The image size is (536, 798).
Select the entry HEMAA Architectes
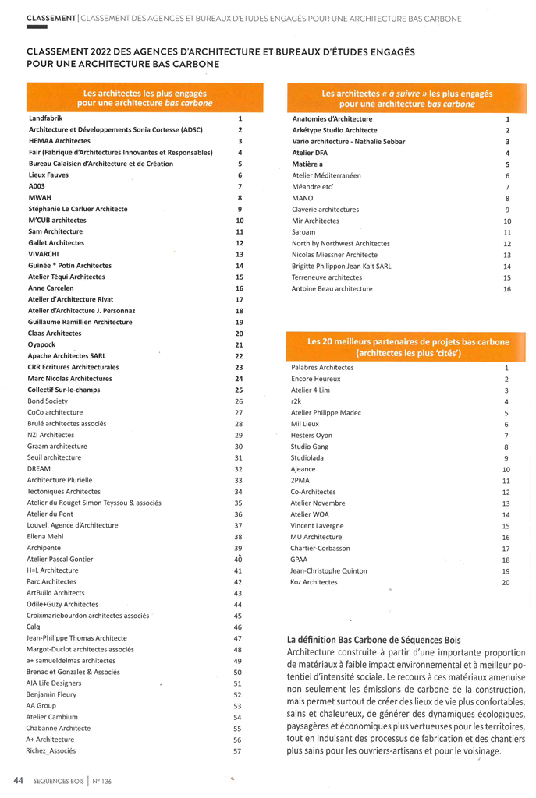tap(59, 141)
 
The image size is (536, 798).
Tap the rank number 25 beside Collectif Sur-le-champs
tap(239, 390)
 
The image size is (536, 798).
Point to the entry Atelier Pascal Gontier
tap(60, 559)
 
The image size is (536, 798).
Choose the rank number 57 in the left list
tap(238, 751)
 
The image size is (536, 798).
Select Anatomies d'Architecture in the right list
tap(332, 118)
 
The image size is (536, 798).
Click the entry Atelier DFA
tap(310, 153)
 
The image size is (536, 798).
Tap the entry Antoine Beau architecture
tap(332, 289)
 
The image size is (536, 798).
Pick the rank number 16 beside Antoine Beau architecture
tap(507, 289)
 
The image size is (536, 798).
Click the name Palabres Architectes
tap(322, 367)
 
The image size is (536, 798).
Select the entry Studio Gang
tap(310, 447)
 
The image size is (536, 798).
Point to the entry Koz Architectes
tap(314, 582)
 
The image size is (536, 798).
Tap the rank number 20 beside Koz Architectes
tap(506, 582)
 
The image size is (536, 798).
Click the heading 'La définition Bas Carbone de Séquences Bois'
tap(374, 640)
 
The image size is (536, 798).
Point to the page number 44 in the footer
tap(16, 780)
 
